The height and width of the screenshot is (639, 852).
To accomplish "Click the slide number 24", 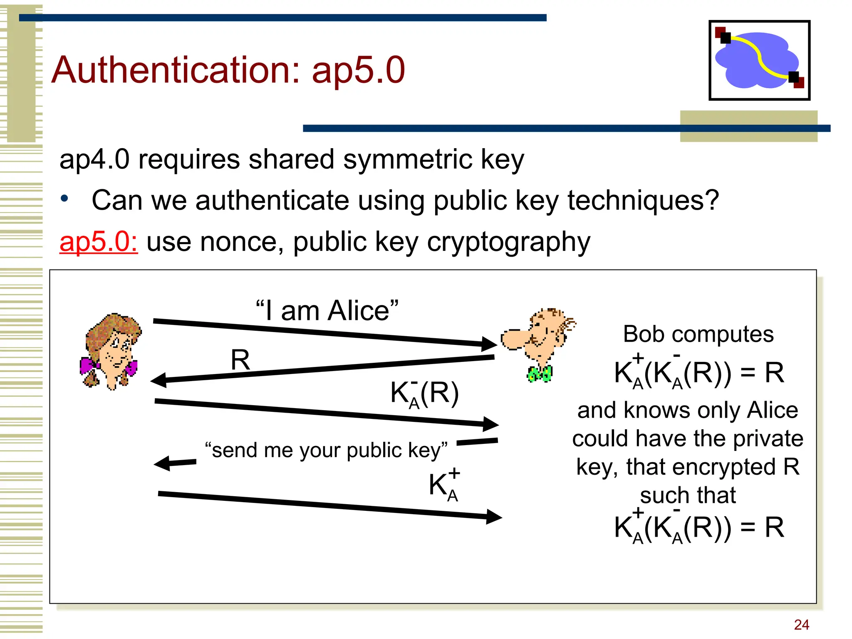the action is pos(801,624).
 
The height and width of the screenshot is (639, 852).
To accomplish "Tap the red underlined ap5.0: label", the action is pos(99,242).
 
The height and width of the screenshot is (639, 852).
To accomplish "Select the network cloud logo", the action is pos(759,60).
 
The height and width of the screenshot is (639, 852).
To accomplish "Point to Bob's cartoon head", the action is pos(539,333).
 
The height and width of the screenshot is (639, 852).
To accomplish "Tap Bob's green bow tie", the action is pos(540,374).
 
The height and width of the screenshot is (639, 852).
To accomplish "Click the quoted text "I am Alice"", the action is pos(327,310).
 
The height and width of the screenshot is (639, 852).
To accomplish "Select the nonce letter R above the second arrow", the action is pos(240,360).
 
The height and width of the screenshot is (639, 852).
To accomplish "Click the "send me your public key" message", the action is pos(326,450).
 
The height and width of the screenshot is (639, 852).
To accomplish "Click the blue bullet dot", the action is pos(64,199).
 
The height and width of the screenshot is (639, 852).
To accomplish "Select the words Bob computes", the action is pos(698,334).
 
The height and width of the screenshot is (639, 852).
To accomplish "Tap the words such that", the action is pos(688,495).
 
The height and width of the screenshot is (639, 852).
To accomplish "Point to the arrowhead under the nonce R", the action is pos(159,380).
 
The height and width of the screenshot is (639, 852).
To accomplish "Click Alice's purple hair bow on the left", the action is pos(88,366).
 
